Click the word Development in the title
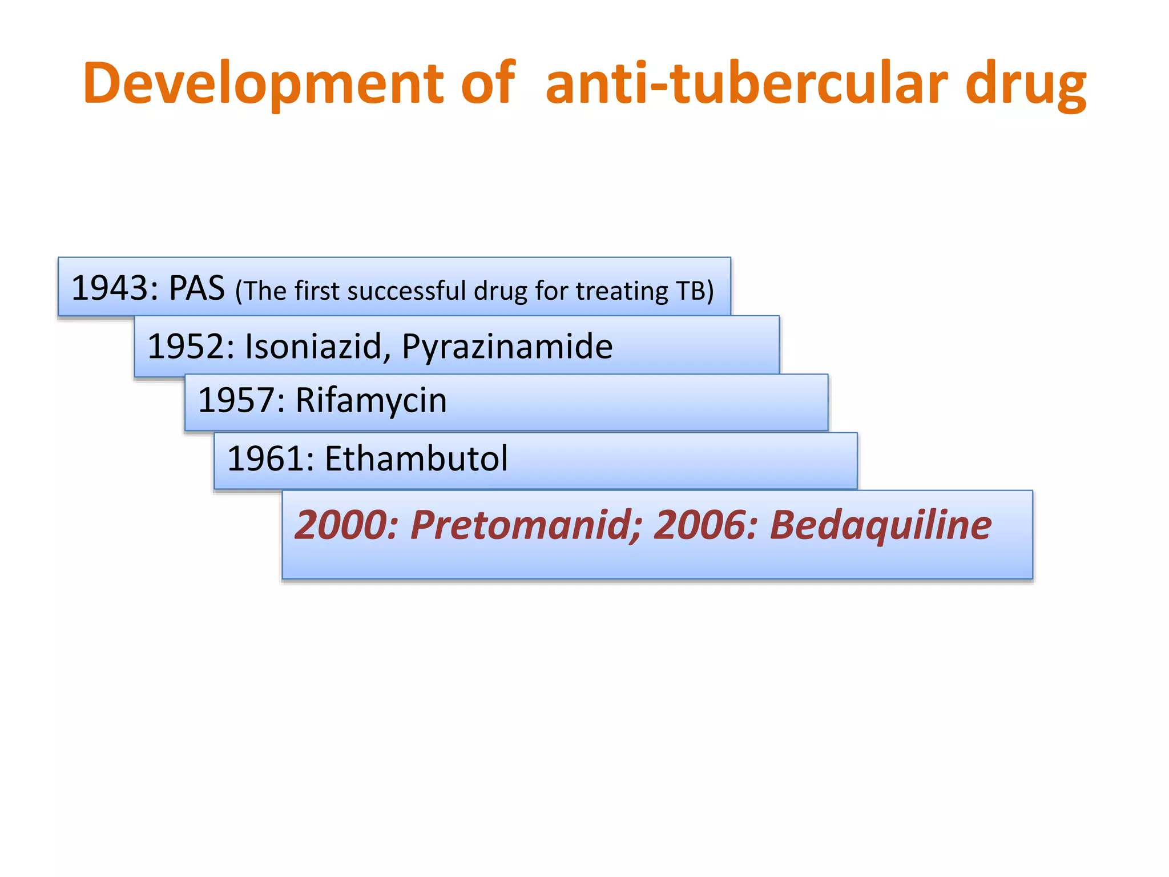[263, 84]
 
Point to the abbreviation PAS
[197, 288]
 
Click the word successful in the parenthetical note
[406, 291]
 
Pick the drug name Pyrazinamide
[507, 347]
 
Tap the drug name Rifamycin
[371, 401]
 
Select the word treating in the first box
[622, 292]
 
